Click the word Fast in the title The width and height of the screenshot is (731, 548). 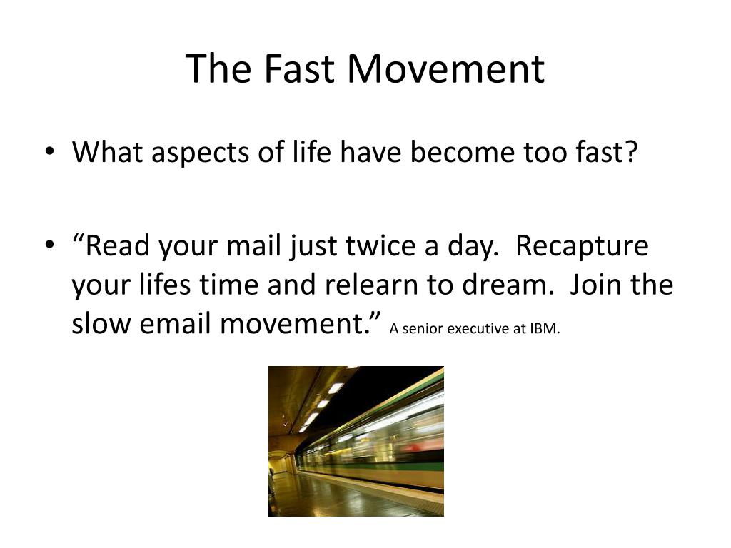pos(299,68)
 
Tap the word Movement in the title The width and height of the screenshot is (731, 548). pos(445,68)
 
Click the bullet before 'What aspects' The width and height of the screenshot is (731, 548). pos(49,151)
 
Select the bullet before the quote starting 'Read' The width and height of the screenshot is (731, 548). pos(49,245)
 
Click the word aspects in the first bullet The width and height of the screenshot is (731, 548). pos(200,153)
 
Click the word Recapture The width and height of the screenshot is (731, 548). pos(582,247)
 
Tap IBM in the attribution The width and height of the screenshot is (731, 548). pos(544,328)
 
